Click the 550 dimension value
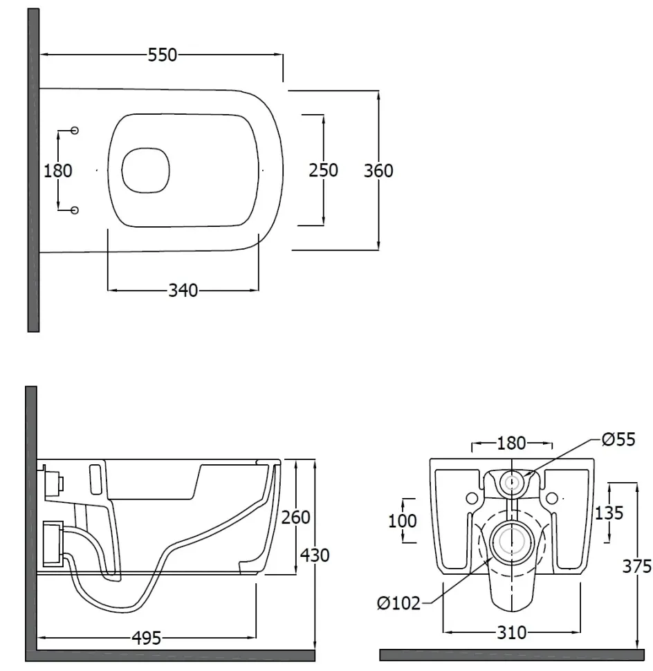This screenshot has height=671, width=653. pyautogui.click(x=162, y=55)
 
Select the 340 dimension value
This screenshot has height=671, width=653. pyautogui.click(x=183, y=291)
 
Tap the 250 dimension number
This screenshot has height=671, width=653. pyautogui.click(x=324, y=170)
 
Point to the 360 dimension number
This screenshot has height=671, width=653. pyautogui.click(x=378, y=171)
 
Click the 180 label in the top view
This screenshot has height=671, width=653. pyautogui.click(x=58, y=171)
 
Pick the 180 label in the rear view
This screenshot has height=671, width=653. pyautogui.click(x=511, y=443)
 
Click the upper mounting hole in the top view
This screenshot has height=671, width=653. pyautogui.click(x=75, y=130)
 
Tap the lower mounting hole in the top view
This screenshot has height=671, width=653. pyautogui.click(x=75, y=210)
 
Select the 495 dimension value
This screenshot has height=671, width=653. pyautogui.click(x=147, y=638)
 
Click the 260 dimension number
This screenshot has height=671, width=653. pyautogui.click(x=295, y=517)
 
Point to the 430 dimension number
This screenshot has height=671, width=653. pyautogui.click(x=315, y=555)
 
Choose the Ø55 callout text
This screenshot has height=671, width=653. pyautogui.click(x=618, y=439)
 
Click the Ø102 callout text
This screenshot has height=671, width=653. pyautogui.click(x=399, y=603)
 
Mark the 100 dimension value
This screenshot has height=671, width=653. pyautogui.click(x=402, y=521)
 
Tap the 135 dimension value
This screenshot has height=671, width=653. pyautogui.click(x=609, y=513)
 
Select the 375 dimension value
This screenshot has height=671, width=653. pyautogui.click(x=636, y=567)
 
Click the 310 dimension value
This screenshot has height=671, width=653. pyautogui.click(x=512, y=632)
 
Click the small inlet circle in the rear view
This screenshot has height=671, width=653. pyautogui.click(x=512, y=472)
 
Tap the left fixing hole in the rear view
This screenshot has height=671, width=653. pyautogui.click(x=472, y=498)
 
